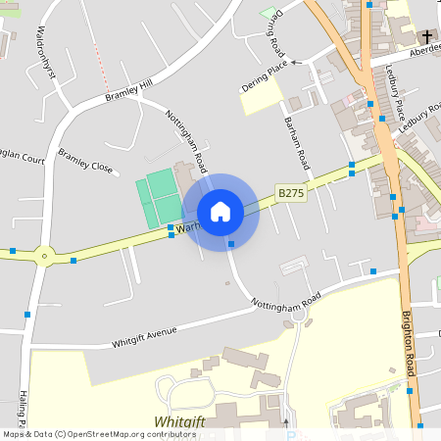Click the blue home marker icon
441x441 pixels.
coord(220,211)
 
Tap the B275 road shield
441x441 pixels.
coord(291,194)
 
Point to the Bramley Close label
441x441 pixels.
coord(85,160)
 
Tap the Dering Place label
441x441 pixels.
coord(266,75)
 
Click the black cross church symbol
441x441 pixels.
coord(427,38)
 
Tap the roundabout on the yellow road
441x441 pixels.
coord(43,257)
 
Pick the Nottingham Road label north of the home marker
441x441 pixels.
coord(186,141)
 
